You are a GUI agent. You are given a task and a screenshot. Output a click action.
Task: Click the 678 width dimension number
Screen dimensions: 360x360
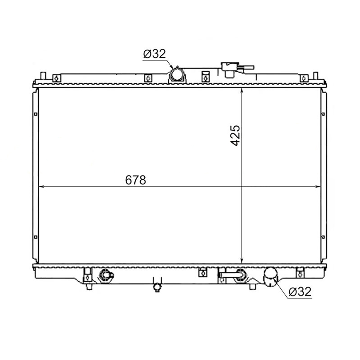pyautogui.click(x=135, y=180)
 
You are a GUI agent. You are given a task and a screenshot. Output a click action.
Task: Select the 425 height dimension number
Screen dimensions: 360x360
pyautogui.click(x=235, y=135)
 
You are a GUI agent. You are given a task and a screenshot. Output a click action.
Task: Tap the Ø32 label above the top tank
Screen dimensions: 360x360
pyautogui.click(x=154, y=54)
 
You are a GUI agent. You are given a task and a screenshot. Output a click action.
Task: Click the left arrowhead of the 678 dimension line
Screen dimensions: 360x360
pyautogui.click(x=41, y=186)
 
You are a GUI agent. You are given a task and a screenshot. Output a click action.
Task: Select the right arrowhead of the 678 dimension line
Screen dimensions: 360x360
pyautogui.click(x=318, y=186)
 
